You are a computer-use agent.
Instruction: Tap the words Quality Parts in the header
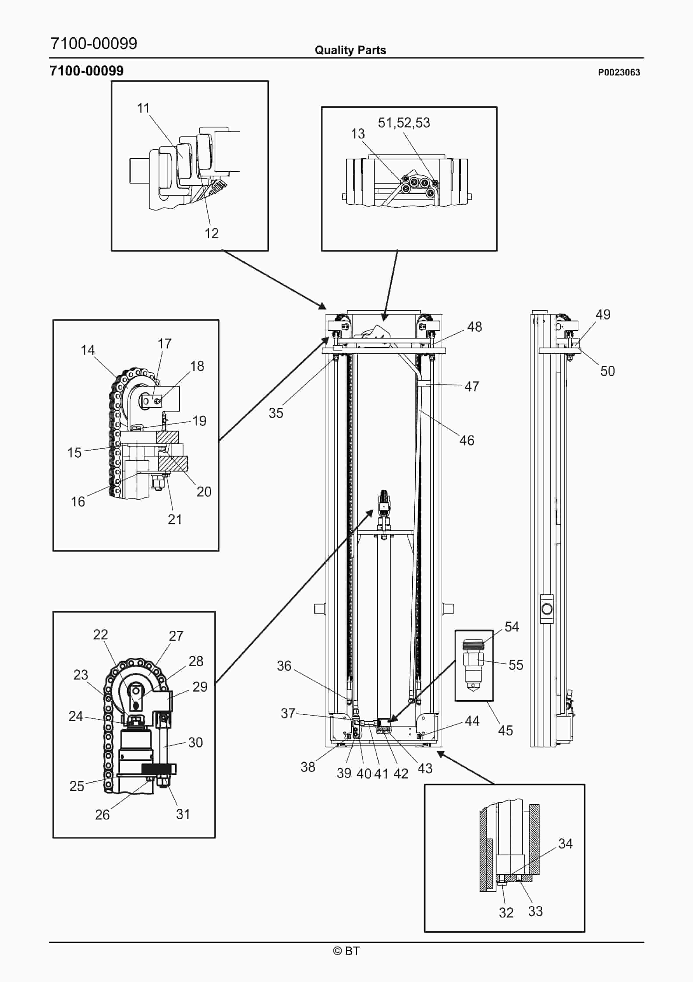click(350, 50)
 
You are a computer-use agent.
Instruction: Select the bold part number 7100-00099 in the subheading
click(87, 71)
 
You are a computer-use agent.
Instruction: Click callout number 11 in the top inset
click(143, 108)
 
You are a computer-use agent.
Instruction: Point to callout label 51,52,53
click(404, 123)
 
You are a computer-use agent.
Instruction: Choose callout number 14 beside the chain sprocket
click(88, 350)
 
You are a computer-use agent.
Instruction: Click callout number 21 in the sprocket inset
click(175, 519)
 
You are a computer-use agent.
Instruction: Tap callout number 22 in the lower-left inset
click(100, 634)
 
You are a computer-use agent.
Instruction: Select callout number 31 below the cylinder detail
click(183, 814)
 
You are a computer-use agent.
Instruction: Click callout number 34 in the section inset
click(565, 844)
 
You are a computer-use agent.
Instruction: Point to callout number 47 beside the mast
click(472, 386)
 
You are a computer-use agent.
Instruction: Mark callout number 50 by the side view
click(608, 371)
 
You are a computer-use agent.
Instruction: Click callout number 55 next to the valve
click(516, 665)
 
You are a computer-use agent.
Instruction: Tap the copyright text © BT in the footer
click(346, 951)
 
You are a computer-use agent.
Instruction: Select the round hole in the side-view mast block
click(547, 609)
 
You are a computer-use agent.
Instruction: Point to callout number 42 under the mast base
click(401, 773)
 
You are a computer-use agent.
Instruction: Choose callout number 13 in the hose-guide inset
click(358, 134)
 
